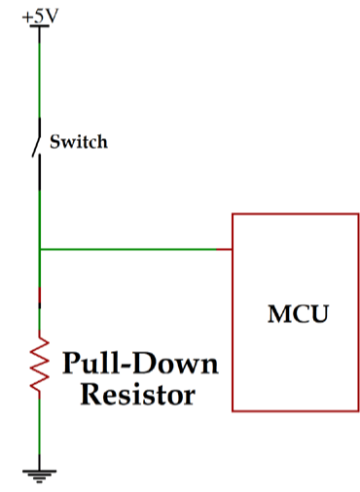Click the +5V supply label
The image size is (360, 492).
click(39, 15)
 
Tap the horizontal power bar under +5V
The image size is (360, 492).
click(39, 26)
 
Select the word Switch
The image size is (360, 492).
click(78, 142)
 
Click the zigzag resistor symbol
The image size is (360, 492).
click(39, 364)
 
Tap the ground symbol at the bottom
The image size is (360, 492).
click(39, 474)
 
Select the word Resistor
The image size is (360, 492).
click(137, 395)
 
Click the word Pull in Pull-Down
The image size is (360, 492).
click(89, 365)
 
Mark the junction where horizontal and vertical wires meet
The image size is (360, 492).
click(39, 249)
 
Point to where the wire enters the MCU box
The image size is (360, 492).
click(232, 249)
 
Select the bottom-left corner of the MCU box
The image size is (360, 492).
click(232, 410)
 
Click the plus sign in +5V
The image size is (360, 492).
click(25, 16)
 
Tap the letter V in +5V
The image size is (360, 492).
click(51, 15)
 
